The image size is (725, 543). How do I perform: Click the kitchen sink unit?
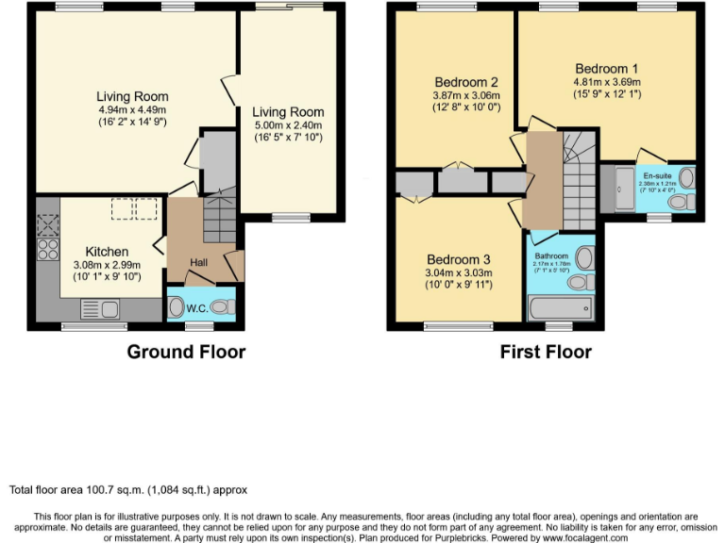[99, 308]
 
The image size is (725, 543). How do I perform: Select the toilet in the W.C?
[221, 306]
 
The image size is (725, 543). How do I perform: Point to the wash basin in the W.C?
[177, 307]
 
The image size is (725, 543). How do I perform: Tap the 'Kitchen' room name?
[107, 252]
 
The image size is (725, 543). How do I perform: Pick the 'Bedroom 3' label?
[459, 259]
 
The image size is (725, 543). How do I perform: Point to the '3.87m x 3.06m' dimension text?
[465, 95]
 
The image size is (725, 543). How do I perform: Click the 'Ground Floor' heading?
[186, 353]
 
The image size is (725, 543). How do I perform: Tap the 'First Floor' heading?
[546, 353]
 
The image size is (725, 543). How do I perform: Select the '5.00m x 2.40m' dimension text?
[288, 124]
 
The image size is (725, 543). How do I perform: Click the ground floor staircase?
[219, 217]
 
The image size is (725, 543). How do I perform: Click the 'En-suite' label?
[658, 176]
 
